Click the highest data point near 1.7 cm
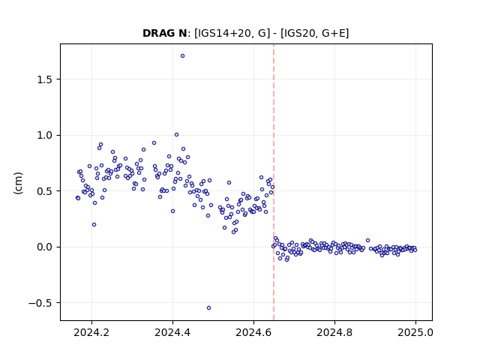[x=182, y=56]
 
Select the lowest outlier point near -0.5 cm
[x=208, y=308]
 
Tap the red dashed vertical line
[x=274, y=182]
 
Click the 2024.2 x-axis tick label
[x=91, y=332]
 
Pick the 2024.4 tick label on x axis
[x=172, y=332]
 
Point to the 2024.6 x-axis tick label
[x=253, y=332]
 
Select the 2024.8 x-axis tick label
[x=334, y=332]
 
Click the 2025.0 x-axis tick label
[x=415, y=332]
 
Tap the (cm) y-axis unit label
[x=18, y=183]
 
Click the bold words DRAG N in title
[x=165, y=33]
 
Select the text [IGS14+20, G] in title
[x=232, y=33]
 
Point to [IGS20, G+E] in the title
[x=315, y=33]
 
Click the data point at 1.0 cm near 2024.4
[x=177, y=135]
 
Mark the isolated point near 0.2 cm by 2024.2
[x=94, y=225]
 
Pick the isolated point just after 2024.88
[x=368, y=241]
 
